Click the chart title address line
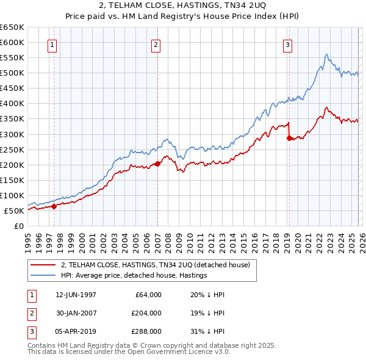pyautogui.click(x=182, y=6)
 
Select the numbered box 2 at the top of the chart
pyautogui.click(x=156, y=45)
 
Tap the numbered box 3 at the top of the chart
pyautogui.click(x=287, y=45)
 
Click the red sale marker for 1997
pyautogui.click(x=54, y=206)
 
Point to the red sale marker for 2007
pyautogui.click(x=157, y=164)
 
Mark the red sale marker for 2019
pyautogui.click(x=289, y=138)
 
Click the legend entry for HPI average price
pyautogui.click(x=134, y=275)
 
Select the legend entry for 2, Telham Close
pyautogui.click(x=147, y=265)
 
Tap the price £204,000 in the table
pyautogui.click(x=146, y=313)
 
